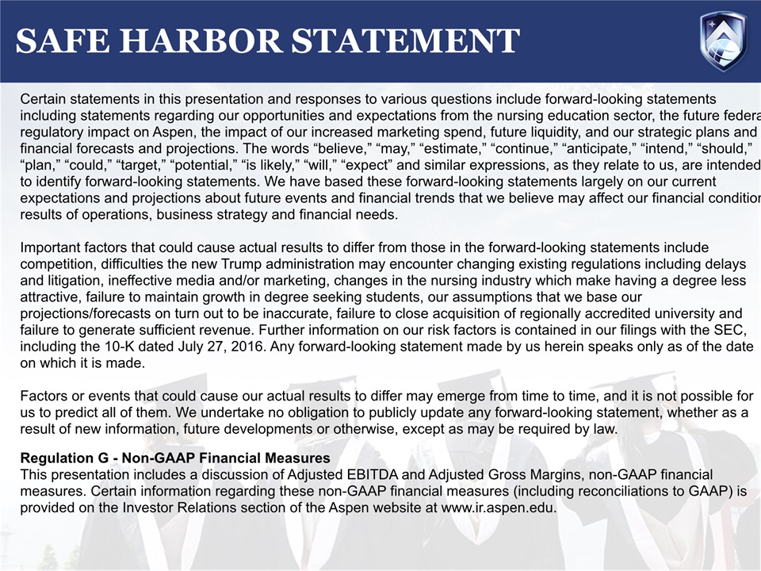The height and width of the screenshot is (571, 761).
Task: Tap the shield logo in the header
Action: tap(722, 40)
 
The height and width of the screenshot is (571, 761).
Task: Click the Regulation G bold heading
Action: tap(174, 458)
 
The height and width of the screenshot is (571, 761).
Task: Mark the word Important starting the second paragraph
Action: tap(50, 247)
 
